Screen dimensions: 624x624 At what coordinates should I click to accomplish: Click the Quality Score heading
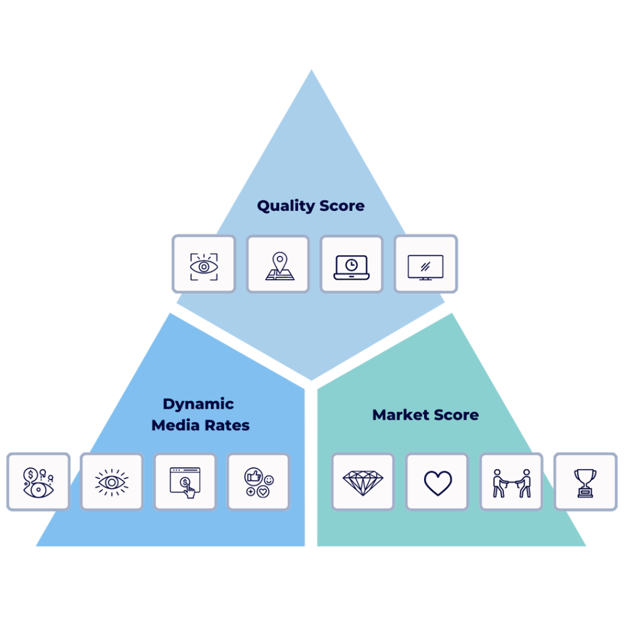(310, 206)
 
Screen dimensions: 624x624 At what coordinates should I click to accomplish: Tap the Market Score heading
(425, 415)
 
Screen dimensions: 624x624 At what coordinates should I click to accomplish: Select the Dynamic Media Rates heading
(200, 414)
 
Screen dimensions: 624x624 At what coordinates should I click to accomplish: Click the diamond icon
(363, 482)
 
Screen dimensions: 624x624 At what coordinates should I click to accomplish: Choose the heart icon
(438, 482)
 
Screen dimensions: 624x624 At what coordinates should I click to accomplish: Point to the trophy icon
(585, 482)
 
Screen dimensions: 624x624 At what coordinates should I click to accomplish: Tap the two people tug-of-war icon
(511, 482)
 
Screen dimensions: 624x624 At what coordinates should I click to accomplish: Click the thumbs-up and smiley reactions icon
(259, 482)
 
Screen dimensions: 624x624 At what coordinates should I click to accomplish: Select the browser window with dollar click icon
(185, 482)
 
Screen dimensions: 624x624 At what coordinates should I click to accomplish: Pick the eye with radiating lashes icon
(112, 482)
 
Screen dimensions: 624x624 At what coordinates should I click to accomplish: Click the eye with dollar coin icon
(38, 482)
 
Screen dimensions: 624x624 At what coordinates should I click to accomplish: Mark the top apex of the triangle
(311, 71)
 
